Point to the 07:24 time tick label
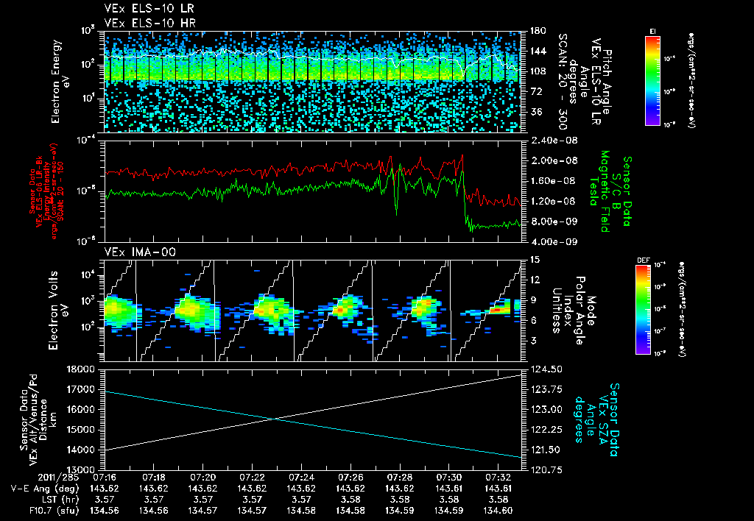point(301,477)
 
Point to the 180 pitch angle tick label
point(535,31)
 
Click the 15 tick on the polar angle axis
point(535,260)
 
